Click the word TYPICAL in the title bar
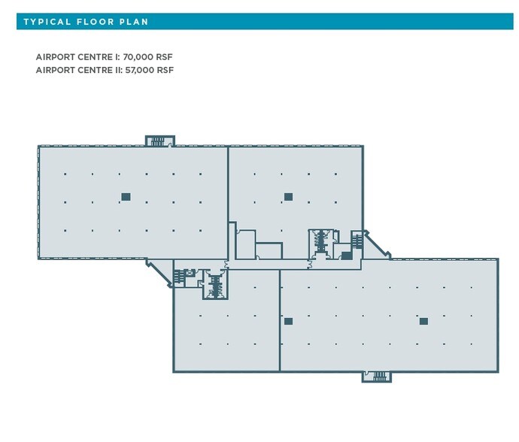coord(47,22)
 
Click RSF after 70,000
coord(166,57)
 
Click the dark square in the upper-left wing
coord(126,197)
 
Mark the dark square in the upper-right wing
coord(288,197)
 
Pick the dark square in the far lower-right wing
coord(423,321)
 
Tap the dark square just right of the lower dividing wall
coord(288,321)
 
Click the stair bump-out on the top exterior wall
coord(159,141)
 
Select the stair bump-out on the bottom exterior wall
coord(377,376)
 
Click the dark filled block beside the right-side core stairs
coord(347,256)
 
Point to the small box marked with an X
coord(190,272)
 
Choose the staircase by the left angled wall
coord(179,277)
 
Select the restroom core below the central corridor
coord(217,285)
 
